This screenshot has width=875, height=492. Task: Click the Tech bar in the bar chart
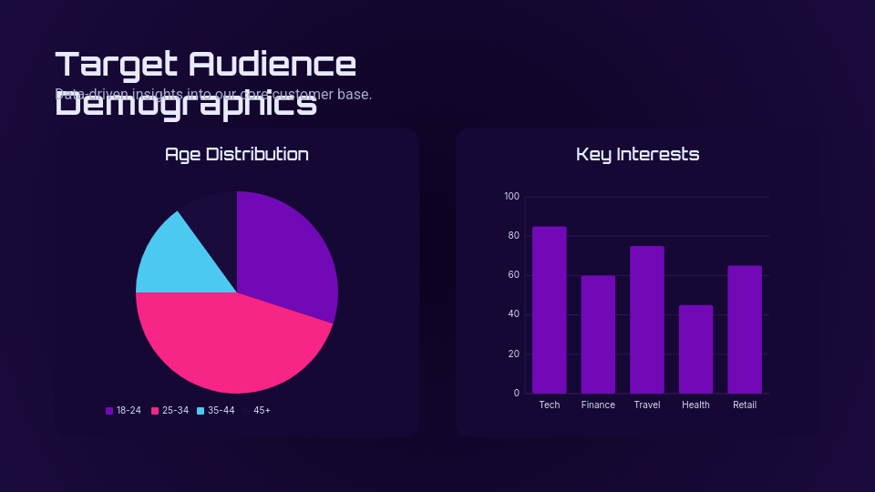(550, 310)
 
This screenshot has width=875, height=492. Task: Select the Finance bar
(598, 334)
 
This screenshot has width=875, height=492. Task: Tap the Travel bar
(647, 320)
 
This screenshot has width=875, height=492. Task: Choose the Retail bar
(745, 330)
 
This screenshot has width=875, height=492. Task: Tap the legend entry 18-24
(123, 410)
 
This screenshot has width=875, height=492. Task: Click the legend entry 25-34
(170, 410)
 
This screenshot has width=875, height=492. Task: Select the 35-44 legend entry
(216, 410)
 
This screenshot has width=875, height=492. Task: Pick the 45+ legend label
(262, 410)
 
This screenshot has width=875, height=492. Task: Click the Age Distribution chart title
(237, 154)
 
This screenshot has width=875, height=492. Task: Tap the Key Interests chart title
(638, 154)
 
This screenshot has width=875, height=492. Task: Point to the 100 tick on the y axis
(511, 197)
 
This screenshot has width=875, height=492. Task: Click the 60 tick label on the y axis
(514, 275)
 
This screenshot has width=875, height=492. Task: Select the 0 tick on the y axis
(517, 394)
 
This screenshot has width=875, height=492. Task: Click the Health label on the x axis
(695, 405)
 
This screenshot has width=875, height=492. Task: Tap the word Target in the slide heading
(116, 64)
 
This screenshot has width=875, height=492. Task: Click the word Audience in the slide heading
(273, 64)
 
